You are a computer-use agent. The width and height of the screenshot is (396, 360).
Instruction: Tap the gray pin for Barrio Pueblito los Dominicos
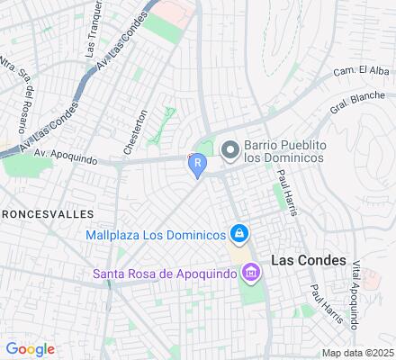229,148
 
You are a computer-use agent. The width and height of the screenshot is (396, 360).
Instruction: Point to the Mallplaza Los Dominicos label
155,236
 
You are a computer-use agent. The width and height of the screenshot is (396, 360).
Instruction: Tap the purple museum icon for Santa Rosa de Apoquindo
250,272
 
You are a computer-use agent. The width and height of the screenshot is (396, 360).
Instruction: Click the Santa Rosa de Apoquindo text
166,273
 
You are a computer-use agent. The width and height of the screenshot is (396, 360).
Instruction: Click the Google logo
30,349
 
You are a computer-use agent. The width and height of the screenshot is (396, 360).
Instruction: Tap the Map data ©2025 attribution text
359,353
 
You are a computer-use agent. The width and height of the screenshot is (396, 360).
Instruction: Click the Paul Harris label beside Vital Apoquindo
320,302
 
